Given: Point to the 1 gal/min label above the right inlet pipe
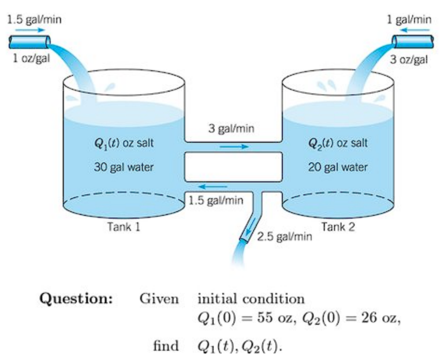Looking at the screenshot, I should coord(409,20).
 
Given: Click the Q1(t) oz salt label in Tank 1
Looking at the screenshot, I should coord(123,143).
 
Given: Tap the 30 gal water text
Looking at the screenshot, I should coord(123,167).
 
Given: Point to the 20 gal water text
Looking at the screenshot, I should coord(338,167).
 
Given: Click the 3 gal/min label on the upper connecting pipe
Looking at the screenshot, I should coord(231,128).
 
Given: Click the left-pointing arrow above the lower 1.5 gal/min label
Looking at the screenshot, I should coord(215,187).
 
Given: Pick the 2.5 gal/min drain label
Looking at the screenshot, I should coord(284,237).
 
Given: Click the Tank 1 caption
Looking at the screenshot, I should coord(124,227).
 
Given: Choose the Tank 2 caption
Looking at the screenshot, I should coord(338,227).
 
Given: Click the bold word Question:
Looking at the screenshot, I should coord(76,298).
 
